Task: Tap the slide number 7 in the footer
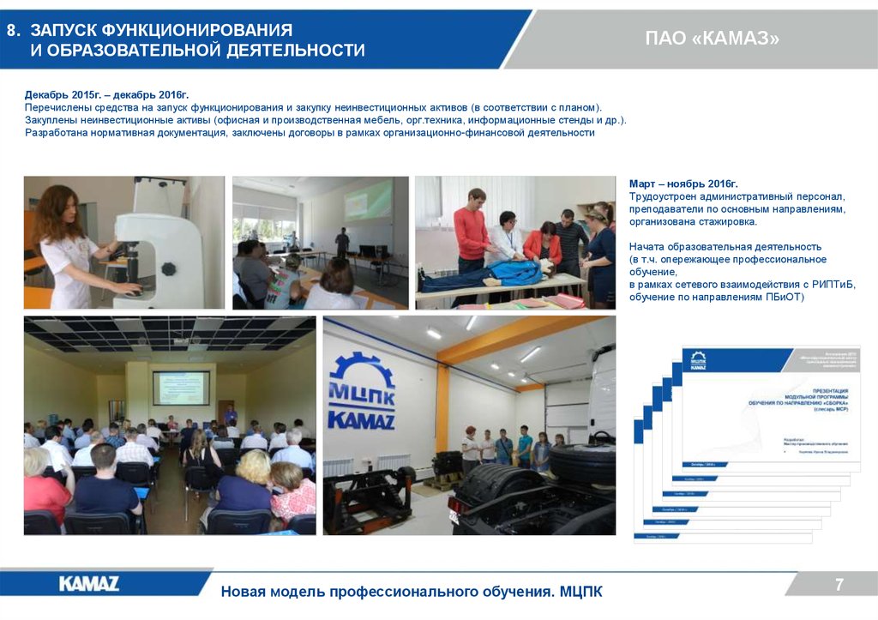click(839, 585)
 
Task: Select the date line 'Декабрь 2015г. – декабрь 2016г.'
click(106, 93)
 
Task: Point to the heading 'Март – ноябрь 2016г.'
click(683, 184)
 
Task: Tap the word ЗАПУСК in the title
click(60, 31)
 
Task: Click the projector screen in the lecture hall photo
click(180, 387)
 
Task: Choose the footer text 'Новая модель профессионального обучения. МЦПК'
click(412, 592)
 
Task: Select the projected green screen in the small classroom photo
click(368, 199)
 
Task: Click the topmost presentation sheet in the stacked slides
click(772, 403)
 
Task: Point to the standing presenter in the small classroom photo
click(342, 243)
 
